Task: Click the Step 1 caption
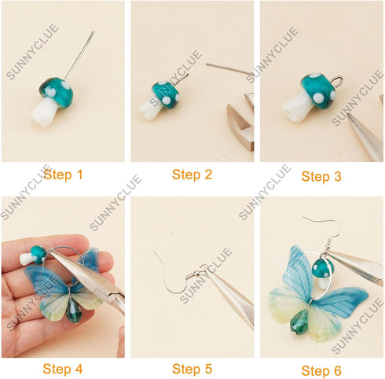click(x=63, y=175)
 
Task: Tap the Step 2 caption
click(x=192, y=175)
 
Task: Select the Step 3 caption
click(x=321, y=176)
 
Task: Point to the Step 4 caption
click(x=63, y=368)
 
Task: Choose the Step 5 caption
click(x=192, y=368)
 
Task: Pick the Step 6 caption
click(x=321, y=370)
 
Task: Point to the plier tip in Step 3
click(x=351, y=118)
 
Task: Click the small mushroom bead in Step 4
click(x=35, y=256)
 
